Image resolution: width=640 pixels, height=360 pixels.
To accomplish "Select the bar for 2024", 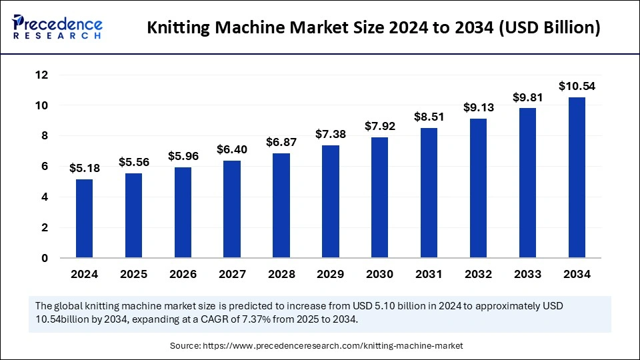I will (x=85, y=219).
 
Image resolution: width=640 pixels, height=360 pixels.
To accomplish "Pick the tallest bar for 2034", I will (x=577, y=177).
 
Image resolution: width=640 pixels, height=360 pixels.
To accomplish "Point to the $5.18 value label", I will (x=85, y=169).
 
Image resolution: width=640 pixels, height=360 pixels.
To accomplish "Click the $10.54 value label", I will (x=577, y=87).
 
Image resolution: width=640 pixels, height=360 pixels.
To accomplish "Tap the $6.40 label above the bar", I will (x=232, y=150).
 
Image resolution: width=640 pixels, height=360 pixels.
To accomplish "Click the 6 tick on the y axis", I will (x=44, y=167).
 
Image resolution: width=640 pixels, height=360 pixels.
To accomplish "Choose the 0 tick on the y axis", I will (x=44, y=258).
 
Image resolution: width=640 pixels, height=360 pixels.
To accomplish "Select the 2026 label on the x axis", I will (x=183, y=274).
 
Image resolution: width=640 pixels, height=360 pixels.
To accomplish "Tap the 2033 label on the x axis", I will (x=527, y=274).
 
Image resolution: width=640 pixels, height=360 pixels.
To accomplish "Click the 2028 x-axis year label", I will (x=281, y=274).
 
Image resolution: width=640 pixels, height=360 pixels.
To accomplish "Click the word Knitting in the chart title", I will (x=175, y=28).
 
